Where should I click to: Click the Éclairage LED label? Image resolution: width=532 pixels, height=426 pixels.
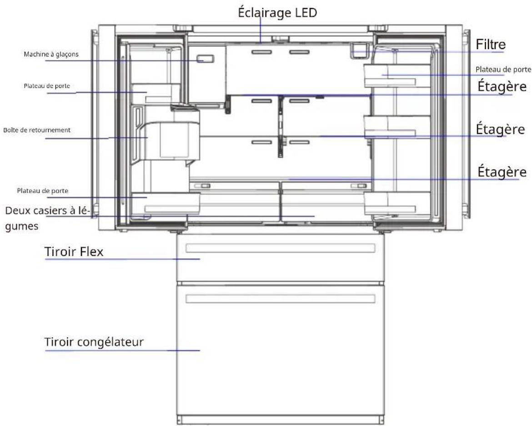click(x=277, y=13)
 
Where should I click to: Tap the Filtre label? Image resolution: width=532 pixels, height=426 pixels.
click(x=491, y=45)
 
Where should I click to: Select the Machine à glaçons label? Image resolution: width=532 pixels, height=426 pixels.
click(x=51, y=54)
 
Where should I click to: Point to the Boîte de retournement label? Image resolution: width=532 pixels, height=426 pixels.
click(x=37, y=130)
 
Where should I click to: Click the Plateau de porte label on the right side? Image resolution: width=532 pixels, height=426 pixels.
click(x=503, y=70)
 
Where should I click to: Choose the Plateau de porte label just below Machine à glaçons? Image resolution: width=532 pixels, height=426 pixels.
click(x=47, y=86)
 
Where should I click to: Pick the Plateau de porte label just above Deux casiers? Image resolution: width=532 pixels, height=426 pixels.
click(x=43, y=191)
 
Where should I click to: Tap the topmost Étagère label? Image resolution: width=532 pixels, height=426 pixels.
click(x=502, y=86)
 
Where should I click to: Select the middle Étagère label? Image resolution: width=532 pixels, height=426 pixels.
click(x=501, y=129)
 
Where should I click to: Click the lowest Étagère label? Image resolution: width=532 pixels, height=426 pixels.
click(x=502, y=171)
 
